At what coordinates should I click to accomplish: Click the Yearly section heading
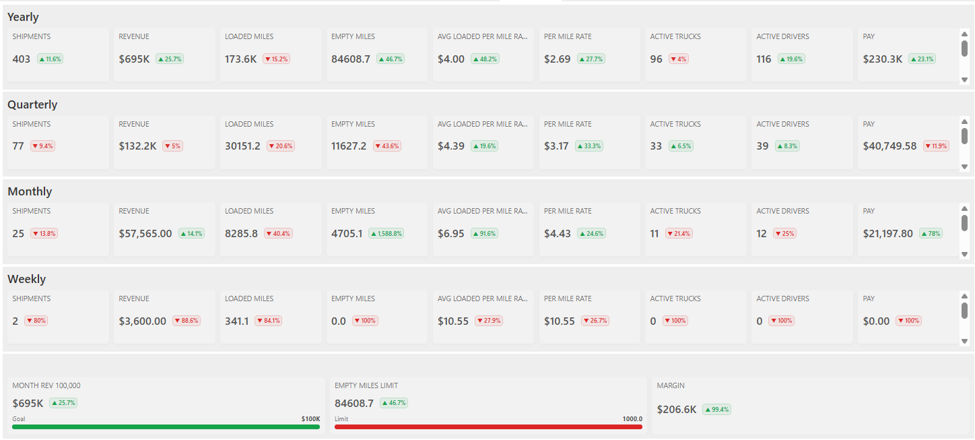coord(23,17)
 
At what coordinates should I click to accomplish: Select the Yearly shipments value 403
coord(22,59)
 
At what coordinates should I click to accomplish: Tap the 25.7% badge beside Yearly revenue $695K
coord(170,59)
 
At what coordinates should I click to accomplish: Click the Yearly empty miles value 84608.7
coord(351,59)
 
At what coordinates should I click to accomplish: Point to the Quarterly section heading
coord(32,104)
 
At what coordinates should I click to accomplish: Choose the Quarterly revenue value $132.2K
coord(139,146)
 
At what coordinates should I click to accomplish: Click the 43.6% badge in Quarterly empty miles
coord(387,146)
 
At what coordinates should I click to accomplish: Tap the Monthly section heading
coord(30,191)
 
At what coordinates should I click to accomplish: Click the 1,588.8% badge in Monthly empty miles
coord(386,234)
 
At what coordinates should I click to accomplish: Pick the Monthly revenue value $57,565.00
coord(145,234)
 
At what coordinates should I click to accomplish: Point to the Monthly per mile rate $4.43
coord(558,234)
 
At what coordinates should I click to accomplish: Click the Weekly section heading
coord(27,279)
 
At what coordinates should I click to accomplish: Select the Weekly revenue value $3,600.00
coord(143,321)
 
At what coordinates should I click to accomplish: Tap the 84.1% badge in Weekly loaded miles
coord(269,321)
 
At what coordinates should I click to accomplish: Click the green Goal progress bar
coord(166,427)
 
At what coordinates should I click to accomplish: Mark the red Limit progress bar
coord(488,427)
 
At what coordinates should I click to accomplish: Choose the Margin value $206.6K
coord(677,409)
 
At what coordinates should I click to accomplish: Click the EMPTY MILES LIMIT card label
coord(366,385)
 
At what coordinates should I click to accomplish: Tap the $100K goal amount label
coord(310,418)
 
